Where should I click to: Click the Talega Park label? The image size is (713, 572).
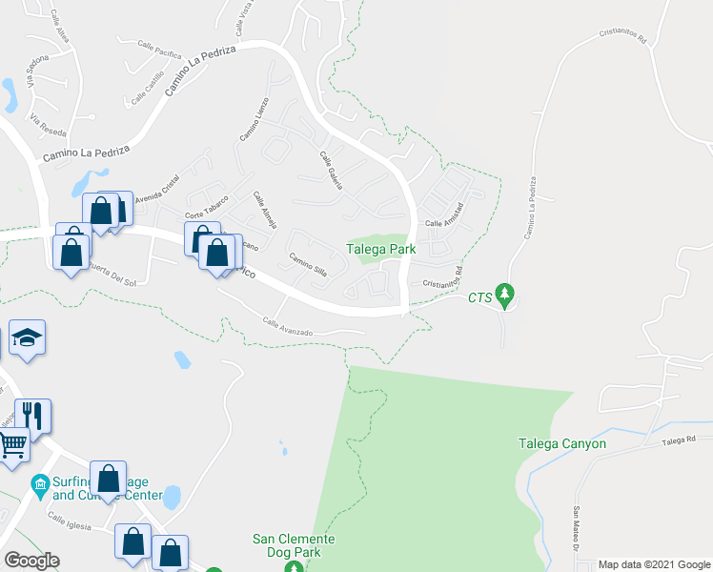pyautogui.click(x=381, y=249)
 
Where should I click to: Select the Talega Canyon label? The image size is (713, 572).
pyautogui.click(x=561, y=443)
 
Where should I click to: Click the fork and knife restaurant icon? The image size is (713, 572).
pyautogui.click(x=32, y=416)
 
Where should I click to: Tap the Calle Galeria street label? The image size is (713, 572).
pyautogui.click(x=331, y=170)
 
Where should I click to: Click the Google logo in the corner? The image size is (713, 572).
pyautogui.click(x=31, y=561)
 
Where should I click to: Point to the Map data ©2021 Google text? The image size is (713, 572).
pyautogui.click(x=654, y=564)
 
